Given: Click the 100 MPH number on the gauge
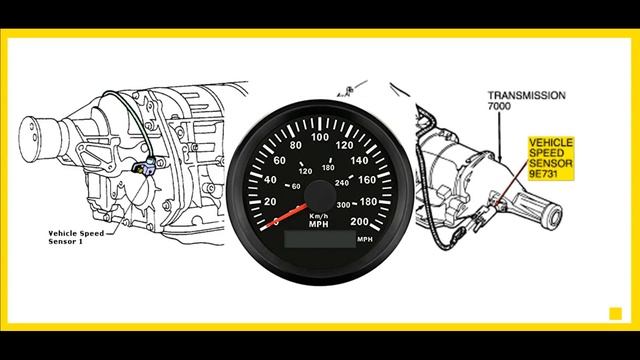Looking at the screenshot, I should coord(322,137).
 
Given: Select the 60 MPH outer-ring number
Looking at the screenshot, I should coord(279,160).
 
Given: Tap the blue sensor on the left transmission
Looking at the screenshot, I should coord(148,166).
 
